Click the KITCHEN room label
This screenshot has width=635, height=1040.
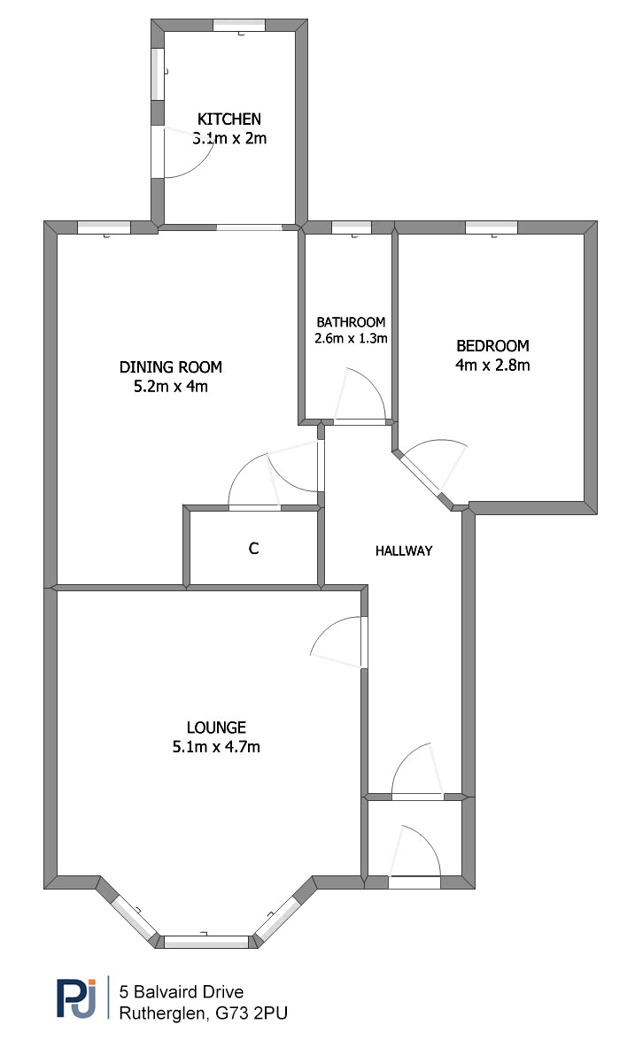tap(228, 119)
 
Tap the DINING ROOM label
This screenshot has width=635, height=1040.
tap(171, 366)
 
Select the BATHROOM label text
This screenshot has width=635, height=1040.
tap(351, 322)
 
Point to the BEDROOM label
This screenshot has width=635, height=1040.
tap(492, 345)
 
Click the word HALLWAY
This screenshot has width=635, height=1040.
tap(404, 551)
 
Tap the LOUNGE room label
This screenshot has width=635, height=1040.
tap(216, 728)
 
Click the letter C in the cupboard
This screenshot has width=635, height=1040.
tap(253, 548)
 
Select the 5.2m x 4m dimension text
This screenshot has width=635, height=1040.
tap(171, 386)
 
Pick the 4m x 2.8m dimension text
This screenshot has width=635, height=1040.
tap(492, 365)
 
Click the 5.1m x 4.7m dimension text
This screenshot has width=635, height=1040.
tap(216, 747)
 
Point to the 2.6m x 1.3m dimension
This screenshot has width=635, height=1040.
tap(351, 338)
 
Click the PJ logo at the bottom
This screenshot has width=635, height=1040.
tap(76, 998)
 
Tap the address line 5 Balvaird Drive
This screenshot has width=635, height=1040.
tap(182, 991)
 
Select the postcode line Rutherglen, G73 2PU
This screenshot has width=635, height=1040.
tap(203, 1013)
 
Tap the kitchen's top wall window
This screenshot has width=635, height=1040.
tap(239, 25)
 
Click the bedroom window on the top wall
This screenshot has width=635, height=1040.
tap(491, 227)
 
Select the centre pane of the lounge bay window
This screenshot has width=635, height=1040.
tap(205, 941)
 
